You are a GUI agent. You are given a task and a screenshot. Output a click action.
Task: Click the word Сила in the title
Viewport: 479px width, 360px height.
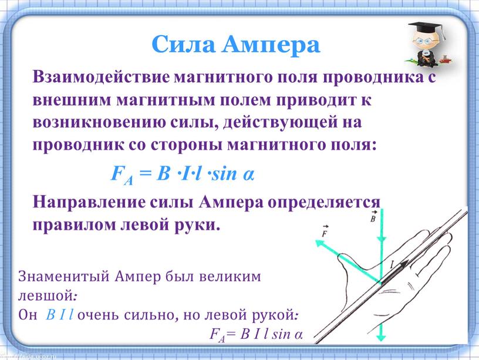[x=184, y=44]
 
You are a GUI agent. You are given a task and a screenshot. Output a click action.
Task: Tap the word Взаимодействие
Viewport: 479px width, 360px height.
[x=101, y=76]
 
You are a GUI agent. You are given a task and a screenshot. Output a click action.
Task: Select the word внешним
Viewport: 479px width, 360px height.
[x=72, y=100]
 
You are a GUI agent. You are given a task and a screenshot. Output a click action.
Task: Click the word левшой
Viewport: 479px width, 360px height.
[x=45, y=295]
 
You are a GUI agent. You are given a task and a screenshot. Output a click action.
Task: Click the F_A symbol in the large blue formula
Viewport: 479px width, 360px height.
[x=122, y=175]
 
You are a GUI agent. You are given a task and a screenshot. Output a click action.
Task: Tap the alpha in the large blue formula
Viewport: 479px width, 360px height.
[x=249, y=175]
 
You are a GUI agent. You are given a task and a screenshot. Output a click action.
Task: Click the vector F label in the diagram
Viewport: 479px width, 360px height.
[x=325, y=231]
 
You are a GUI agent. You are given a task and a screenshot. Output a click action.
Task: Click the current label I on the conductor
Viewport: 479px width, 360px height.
[x=392, y=265]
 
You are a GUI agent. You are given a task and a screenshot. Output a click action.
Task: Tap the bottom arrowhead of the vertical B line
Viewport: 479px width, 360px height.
[x=381, y=337]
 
